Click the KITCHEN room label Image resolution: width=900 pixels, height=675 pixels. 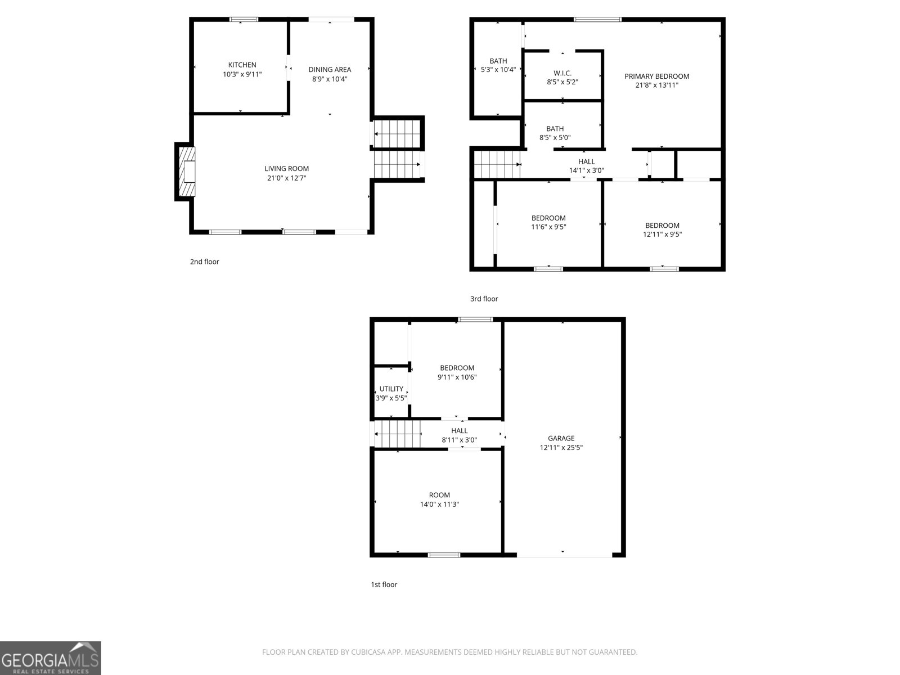pos(242,65)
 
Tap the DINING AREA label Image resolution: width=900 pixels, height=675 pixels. pos(330,70)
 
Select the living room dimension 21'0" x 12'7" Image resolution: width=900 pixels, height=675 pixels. pos(287,178)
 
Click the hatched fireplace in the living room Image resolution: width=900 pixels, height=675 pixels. pos(186,172)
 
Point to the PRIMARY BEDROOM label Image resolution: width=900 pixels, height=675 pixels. pos(656,76)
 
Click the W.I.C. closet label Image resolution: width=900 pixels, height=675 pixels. pos(562,73)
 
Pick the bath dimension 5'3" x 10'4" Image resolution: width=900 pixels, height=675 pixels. pos(498,70)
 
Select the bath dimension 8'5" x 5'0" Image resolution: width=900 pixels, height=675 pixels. pos(555,138)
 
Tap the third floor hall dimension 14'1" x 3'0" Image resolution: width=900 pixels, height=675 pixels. pos(586,170)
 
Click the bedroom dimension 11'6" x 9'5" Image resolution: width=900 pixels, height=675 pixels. pos(548,227)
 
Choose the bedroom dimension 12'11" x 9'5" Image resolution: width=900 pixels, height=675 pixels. pos(662,235)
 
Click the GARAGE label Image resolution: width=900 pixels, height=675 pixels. pos(561,438)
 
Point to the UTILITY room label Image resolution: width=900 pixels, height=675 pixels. pos(391,389)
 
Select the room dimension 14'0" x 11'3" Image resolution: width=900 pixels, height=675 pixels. pos(439,505)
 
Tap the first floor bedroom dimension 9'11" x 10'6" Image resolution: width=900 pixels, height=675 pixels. pos(457,377)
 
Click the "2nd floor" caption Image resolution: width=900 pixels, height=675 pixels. pos(204,262)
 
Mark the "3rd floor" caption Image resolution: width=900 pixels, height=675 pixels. pos(484,299)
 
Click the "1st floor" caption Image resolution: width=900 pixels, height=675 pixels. pos(384,584)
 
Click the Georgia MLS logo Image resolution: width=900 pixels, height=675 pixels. pos(51,658)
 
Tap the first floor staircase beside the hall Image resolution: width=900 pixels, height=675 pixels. pos(397,434)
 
